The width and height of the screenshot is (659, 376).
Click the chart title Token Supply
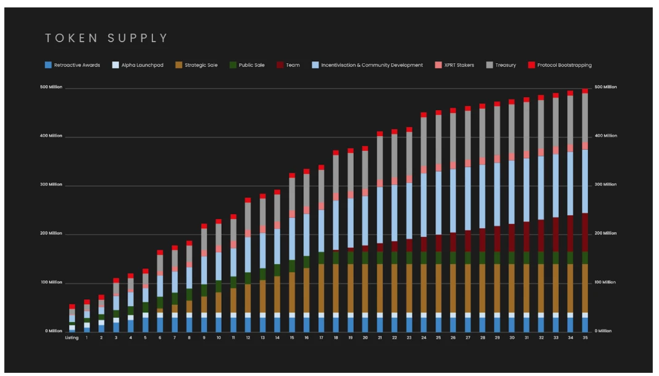tap(106, 38)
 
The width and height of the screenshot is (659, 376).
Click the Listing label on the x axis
tap(72, 338)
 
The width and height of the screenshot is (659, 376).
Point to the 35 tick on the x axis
tap(585, 338)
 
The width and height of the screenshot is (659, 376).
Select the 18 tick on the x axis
tap(336, 338)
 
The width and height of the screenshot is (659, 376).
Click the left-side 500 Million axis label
tap(51, 87)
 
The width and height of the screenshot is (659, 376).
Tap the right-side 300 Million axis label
tap(605, 184)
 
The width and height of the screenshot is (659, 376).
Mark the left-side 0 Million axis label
tap(54, 331)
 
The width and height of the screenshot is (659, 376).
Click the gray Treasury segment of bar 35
tap(585, 117)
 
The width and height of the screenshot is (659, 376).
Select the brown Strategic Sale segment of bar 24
tap(424, 288)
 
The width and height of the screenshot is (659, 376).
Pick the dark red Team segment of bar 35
tap(585, 232)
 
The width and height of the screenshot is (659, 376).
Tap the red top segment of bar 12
tap(248, 200)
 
